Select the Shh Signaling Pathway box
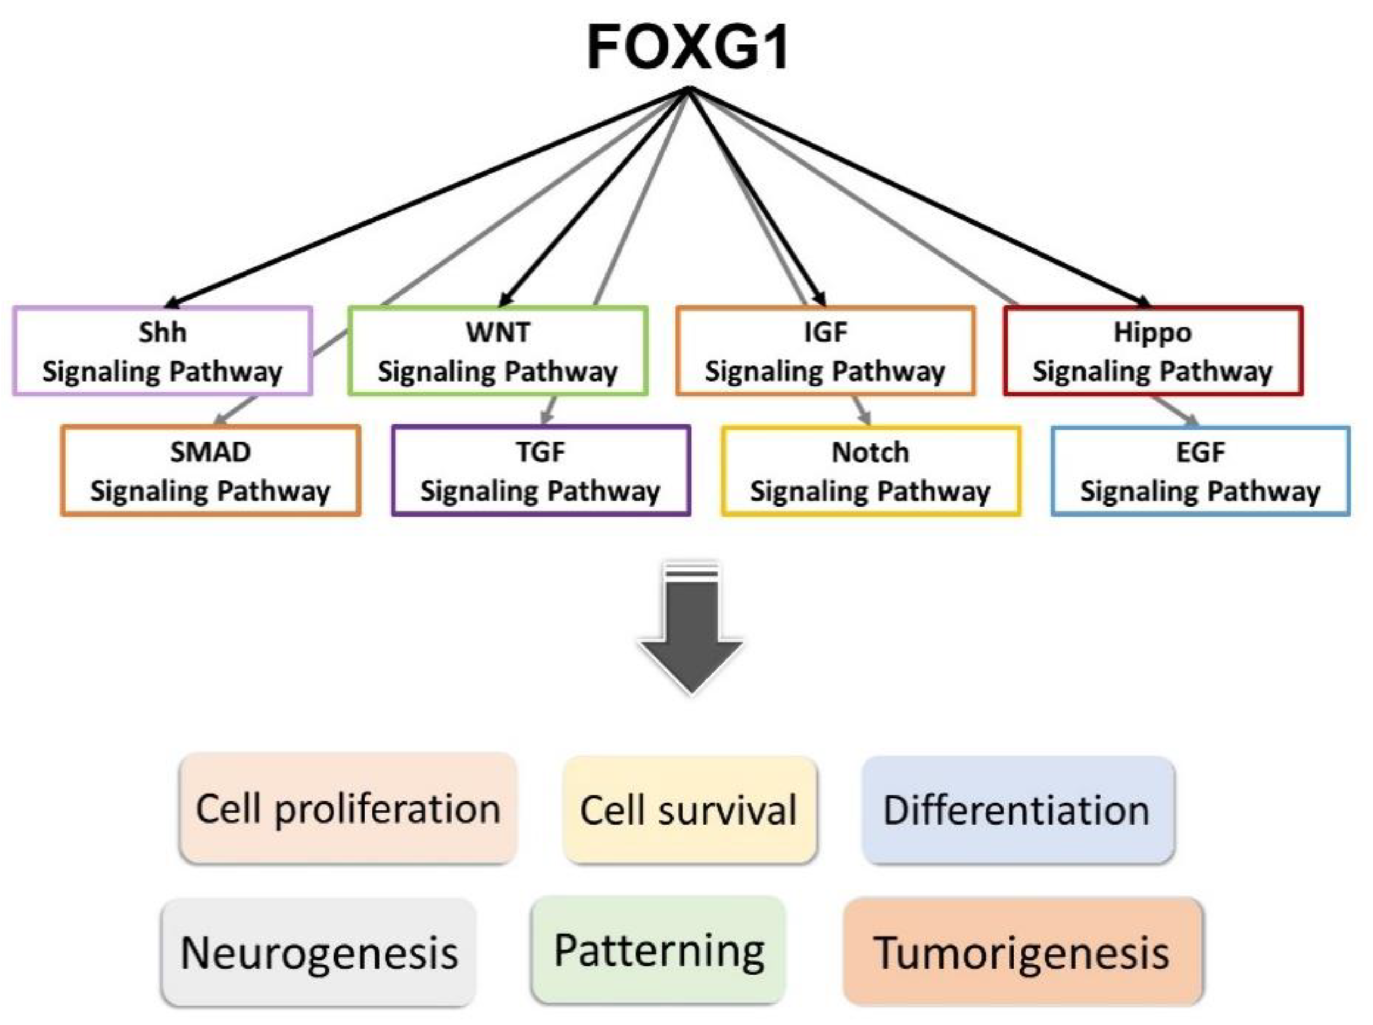pyautogui.click(x=163, y=350)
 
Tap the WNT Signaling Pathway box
pyautogui.click(x=498, y=350)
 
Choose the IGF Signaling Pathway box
pyautogui.click(x=825, y=350)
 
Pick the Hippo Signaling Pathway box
pyautogui.click(x=1153, y=350)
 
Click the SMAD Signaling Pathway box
pyautogui.click(x=211, y=470)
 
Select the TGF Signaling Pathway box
pyautogui.click(x=541, y=470)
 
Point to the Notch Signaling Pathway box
pyautogui.click(x=871, y=471)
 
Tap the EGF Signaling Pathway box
pyautogui.click(x=1201, y=471)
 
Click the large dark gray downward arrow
pyautogui.click(x=691, y=626)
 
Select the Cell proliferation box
pyautogui.click(x=348, y=808)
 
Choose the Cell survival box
pyautogui.click(x=689, y=810)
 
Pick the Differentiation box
pyautogui.click(x=1018, y=810)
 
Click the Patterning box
pyautogui.click(x=659, y=950)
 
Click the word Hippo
pyautogui.click(x=1153, y=333)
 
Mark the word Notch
pyautogui.click(x=871, y=453)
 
